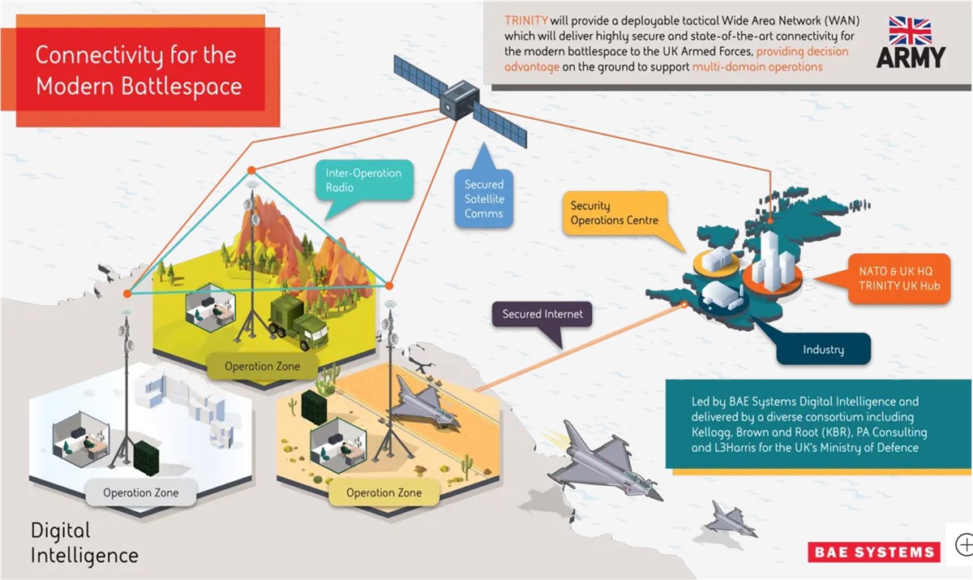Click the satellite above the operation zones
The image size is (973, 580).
[x=460, y=101]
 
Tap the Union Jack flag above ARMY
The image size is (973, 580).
[x=910, y=31]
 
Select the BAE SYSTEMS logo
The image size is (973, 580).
[x=874, y=552]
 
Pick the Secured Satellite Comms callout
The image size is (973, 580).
[x=484, y=191]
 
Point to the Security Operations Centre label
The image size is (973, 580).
[x=615, y=213]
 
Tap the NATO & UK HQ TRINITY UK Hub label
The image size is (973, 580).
[x=899, y=278]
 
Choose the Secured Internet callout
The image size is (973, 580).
[x=542, y=314]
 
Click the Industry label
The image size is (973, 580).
[x=823, y=350]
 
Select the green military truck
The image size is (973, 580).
[x=298, y=322]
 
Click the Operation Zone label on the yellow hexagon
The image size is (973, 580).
[x=263, y=366]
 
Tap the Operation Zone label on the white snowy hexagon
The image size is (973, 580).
[x=141, y=492]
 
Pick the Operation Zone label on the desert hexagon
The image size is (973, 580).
[x=384, y=492]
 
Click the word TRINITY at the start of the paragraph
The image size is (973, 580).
[x=526, y=20]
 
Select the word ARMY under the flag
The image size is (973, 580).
[x=911, y=58]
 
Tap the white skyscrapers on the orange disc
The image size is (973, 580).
[x=772, y=261]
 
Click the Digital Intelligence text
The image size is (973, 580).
[x=84, y=543]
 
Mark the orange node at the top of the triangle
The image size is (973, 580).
[x=251, y=170]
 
